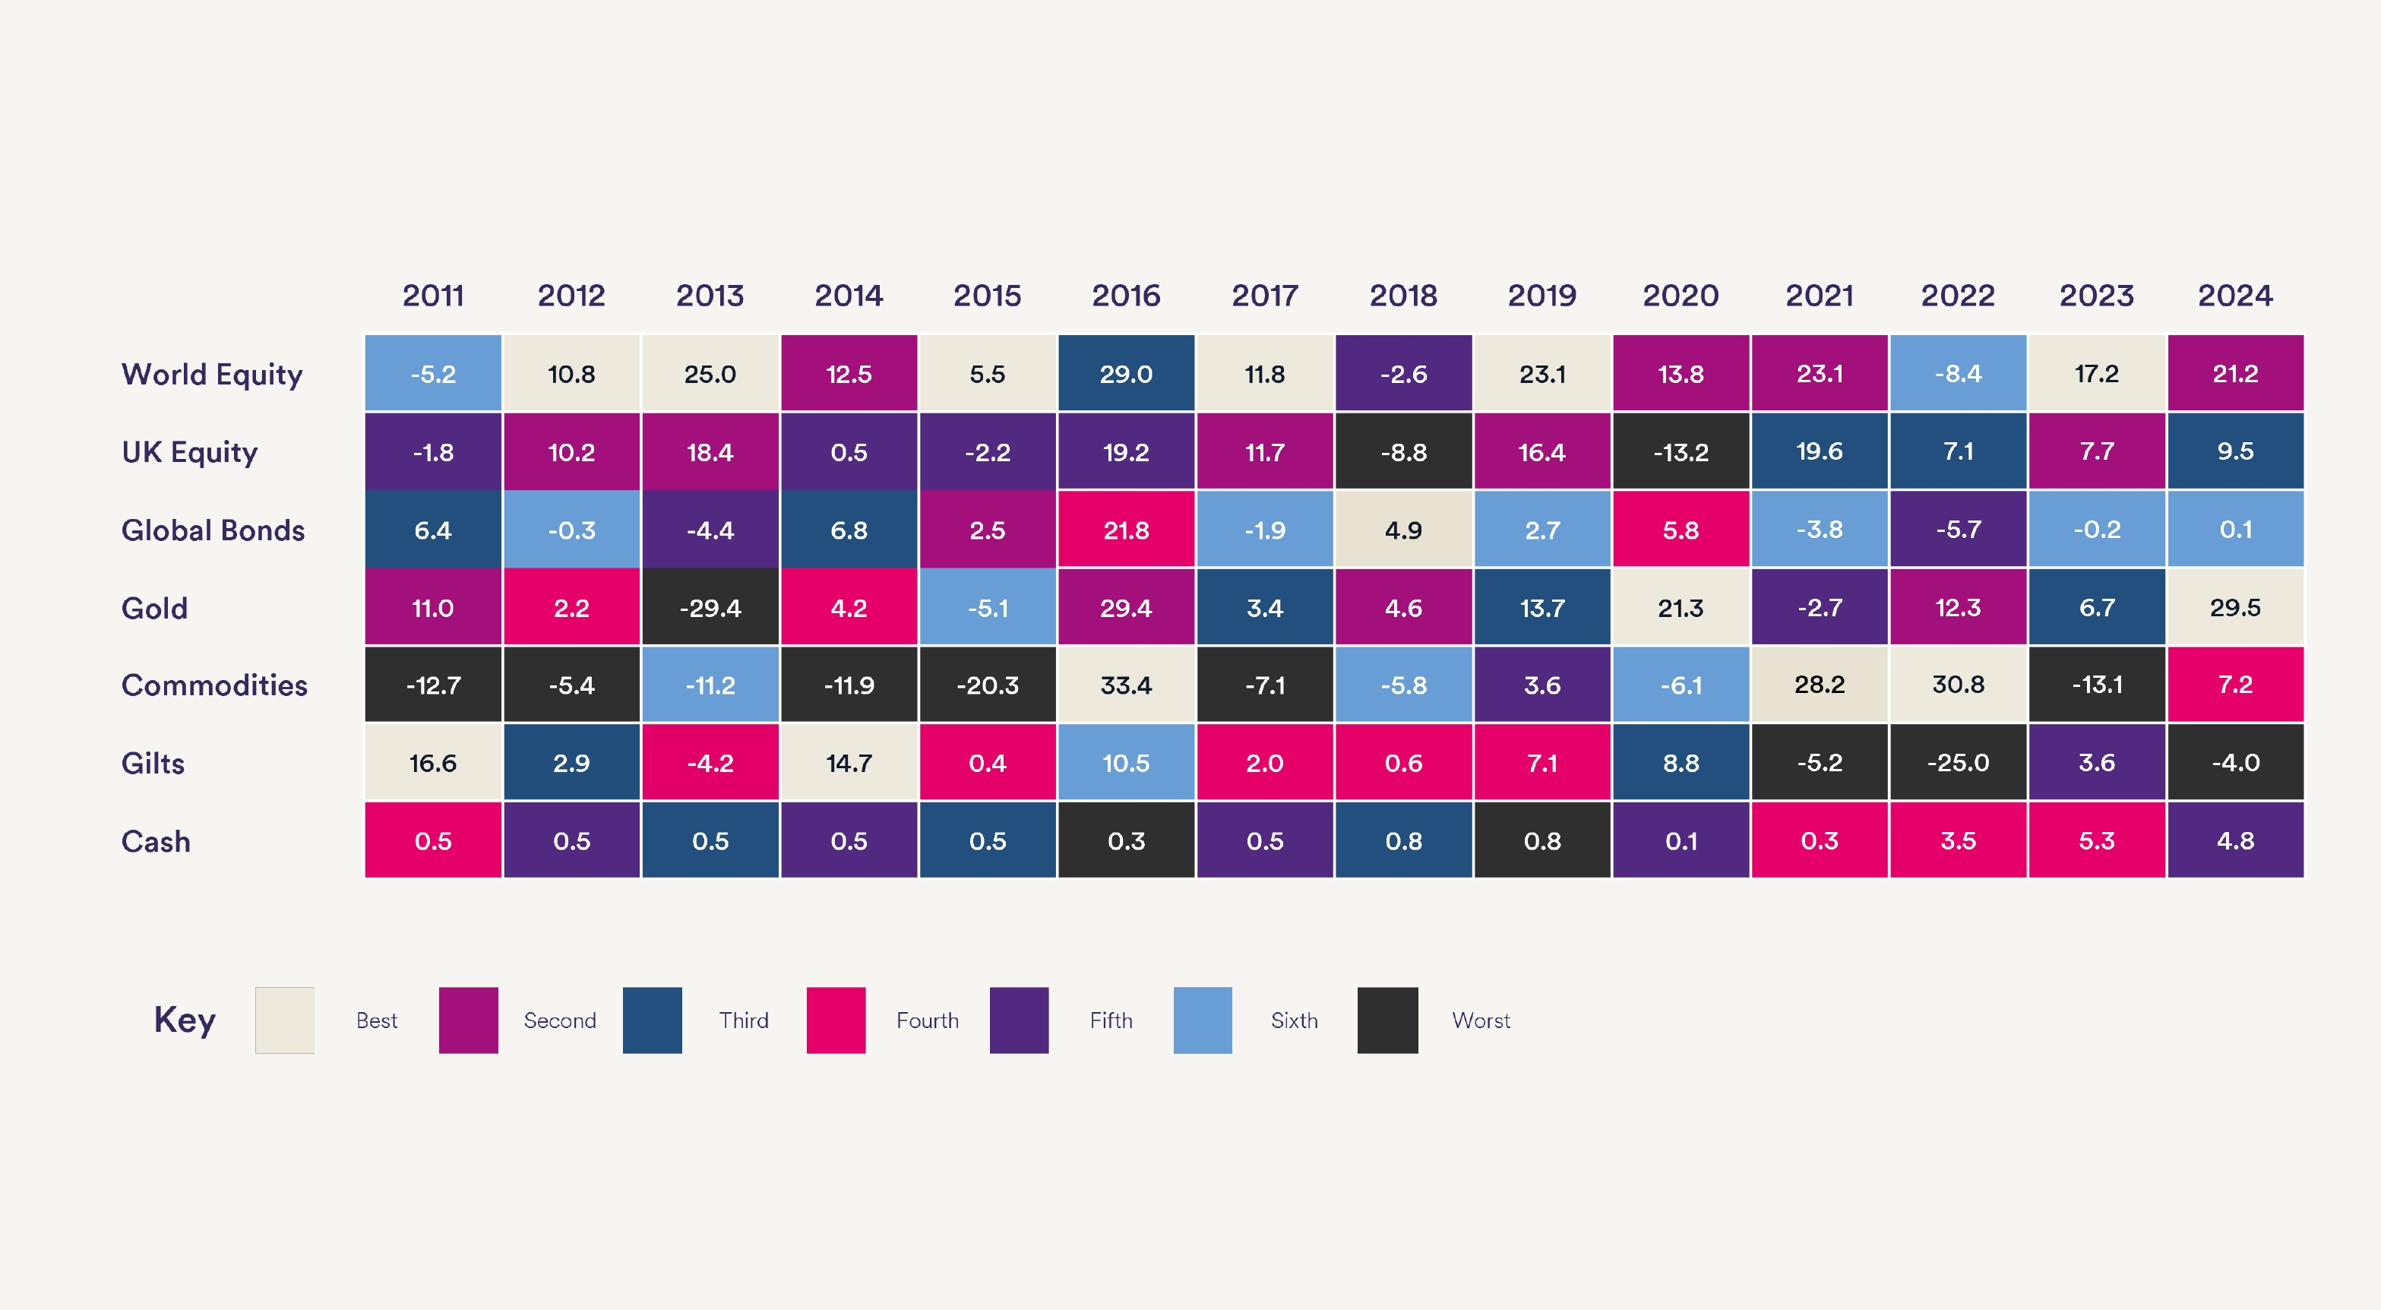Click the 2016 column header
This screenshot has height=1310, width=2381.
[1126, 296]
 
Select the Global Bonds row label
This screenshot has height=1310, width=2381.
[213, 530]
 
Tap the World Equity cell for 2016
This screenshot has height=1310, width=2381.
[1126, 374]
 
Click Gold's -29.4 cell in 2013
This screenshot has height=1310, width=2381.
[710, 607]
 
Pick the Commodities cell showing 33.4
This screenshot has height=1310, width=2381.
[1126, 685]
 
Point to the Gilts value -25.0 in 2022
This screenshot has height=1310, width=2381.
[1958, 763]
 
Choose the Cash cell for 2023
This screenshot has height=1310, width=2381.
[2096, 840]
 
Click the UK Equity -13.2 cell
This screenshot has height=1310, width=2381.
[1681, 451]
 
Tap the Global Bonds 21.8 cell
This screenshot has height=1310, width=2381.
[1126, 530]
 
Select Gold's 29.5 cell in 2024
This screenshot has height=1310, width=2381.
[2235, 607]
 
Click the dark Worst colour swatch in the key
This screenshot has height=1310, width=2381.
[1387, 1020]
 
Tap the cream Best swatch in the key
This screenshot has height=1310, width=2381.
[285, 1020]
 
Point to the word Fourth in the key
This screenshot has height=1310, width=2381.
[927, 1020]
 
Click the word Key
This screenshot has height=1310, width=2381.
[185, 1020]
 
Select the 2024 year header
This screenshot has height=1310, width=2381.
[2235, 296]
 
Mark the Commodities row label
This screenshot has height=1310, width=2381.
[214, 685]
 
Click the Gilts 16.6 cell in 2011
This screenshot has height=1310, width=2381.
[432, 763]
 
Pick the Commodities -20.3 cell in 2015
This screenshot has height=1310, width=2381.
[987, 685]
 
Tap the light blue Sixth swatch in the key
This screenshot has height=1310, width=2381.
[1203, 1020]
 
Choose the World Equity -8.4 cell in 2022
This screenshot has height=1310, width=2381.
[1958, 374]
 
